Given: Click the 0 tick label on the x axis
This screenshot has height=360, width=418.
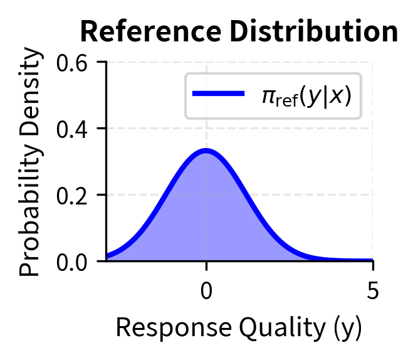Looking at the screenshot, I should point(206,293).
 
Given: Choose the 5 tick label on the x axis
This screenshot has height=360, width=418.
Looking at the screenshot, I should point(373,293).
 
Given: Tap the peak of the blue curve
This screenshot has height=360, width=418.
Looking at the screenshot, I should point(206,151).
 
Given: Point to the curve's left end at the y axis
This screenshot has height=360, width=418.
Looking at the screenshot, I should point(107,256).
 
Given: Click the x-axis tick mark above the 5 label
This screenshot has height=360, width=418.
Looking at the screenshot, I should point(373,264).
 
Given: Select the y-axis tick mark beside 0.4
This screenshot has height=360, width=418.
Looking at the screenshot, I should point(102,129).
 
